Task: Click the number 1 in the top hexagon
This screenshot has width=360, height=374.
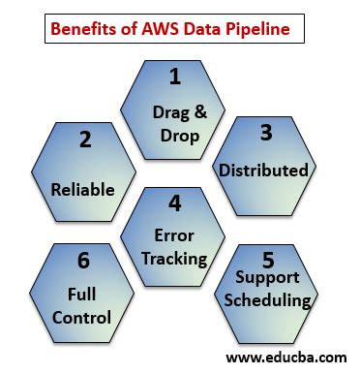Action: (x=175, y=76)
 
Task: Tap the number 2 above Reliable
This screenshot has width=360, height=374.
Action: (x=86, y=140)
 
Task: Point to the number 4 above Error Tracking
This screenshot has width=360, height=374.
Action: (x=174, y=204)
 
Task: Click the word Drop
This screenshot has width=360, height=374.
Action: (x=175, y=136)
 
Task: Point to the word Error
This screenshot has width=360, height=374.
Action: (x=175, y=235)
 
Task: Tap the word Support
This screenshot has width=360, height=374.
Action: (x=269, y=279)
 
